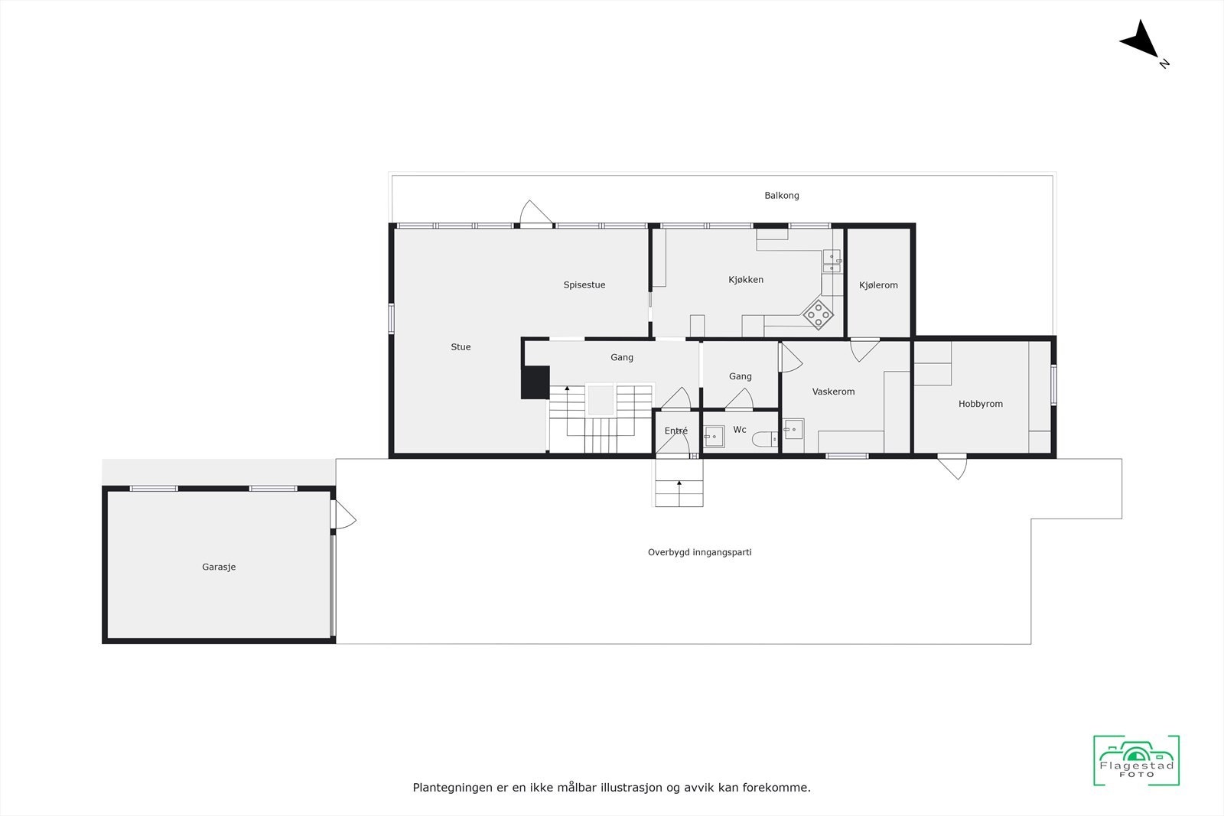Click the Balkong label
pyautogui.click(x=781, y=196)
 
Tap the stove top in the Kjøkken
pyautogui.click(x=818, y=314)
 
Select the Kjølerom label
pyautogui.click(x=878, y=285)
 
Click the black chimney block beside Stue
pyautogui.click(x=535, y=382)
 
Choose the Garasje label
pyautogui.click(x=219, y=567)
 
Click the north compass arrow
pyautogui.click(x=1141, y=41)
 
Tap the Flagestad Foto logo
pyautogui.click(x=1136, y=760)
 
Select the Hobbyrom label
pyautogui.click(x=980, y=404)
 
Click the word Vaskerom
pyautogui.click(x=833, y=392)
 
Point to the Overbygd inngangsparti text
pyautogui.click(x=699, y=552)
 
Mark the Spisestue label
pyautogui.click(x=584, y=285)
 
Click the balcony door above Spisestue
pyautogui.click(x=535, y=214)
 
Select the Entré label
pyautogui.click(x=675, y=431)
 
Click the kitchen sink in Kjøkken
pyautogui.click(x=831, y=262)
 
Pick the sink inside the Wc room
pyautogui.click(x=713, y=436)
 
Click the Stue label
pyautogui.click(x=461, y=347)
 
